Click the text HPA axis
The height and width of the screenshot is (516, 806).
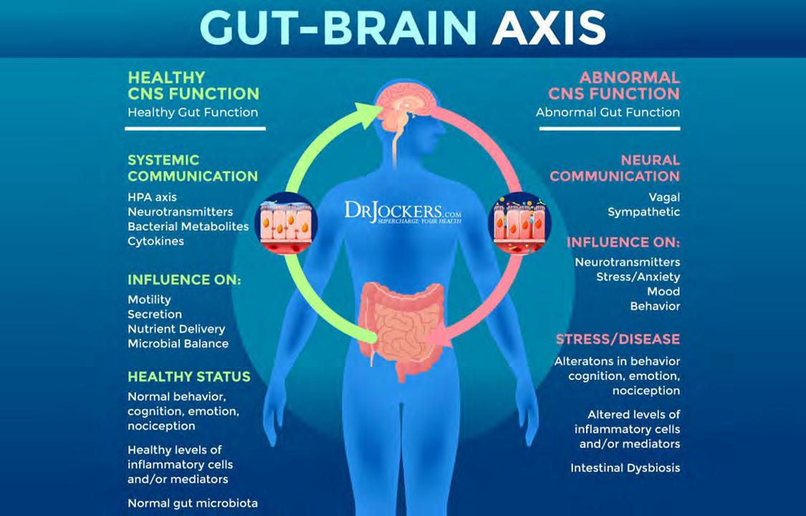pos(152,197)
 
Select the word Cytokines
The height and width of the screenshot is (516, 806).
pos(155,242)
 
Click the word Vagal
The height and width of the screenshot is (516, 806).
pos(664,197)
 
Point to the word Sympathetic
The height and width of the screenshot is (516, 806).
pos(643,212)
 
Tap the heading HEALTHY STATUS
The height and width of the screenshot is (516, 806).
pos(188,377)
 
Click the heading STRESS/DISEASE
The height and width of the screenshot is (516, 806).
pos(618,339)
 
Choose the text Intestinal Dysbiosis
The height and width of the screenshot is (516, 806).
pos(625,468)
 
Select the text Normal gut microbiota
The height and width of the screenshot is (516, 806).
pos(192,503)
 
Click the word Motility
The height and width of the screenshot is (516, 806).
pos(149,300)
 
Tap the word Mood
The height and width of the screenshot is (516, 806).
pos(663,292)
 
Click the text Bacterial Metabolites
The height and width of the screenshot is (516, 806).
pos(188,226)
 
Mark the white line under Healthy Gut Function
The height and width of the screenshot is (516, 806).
pos(195,129)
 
